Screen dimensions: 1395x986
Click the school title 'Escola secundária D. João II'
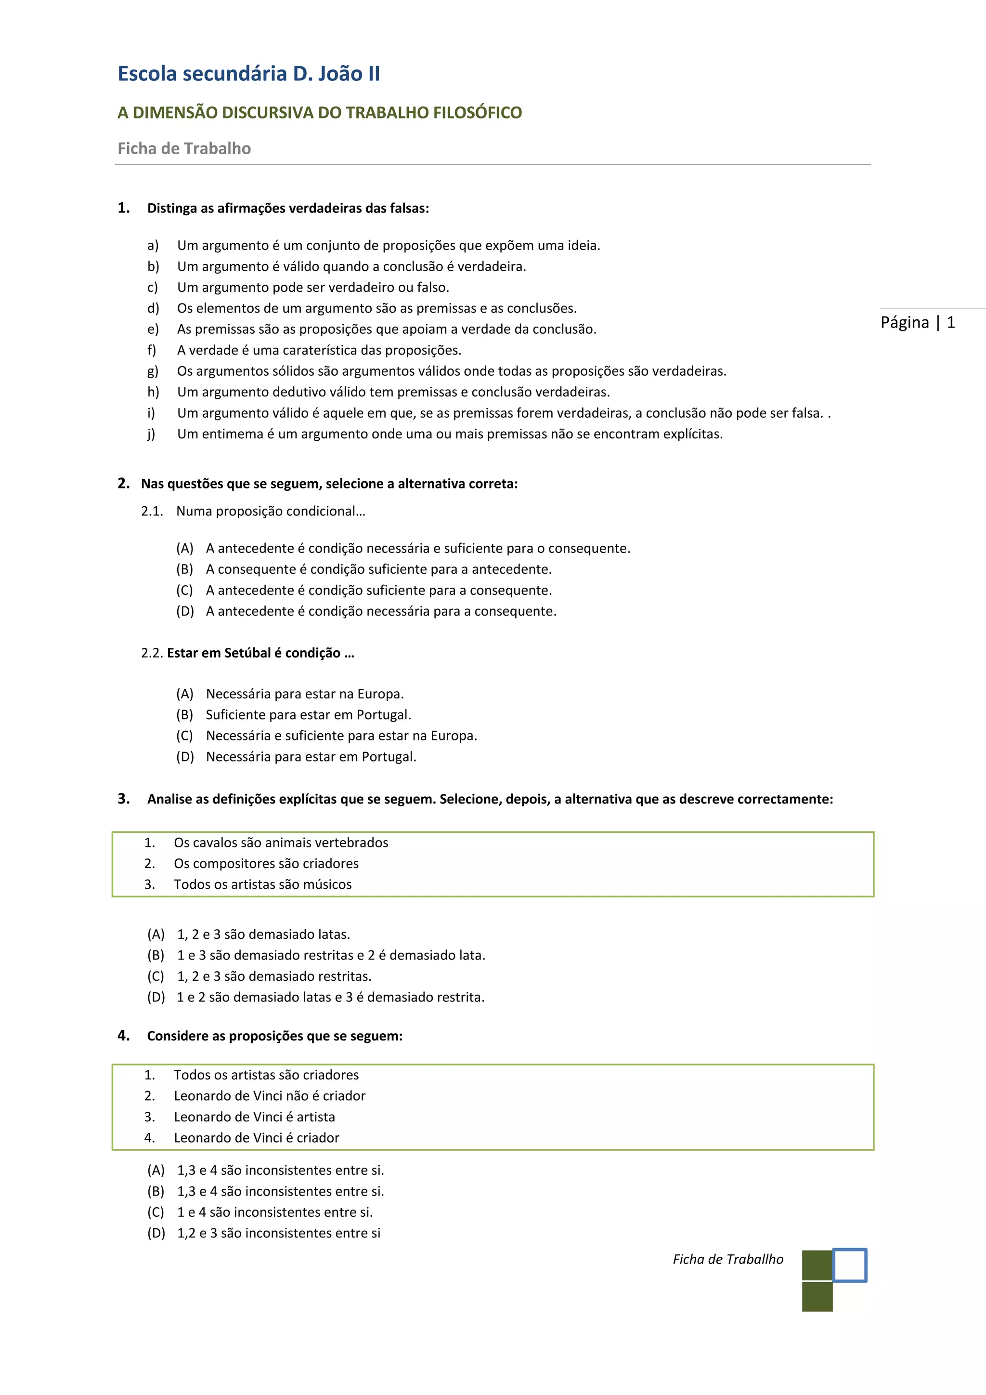pyautogui.click(x=248, y=74)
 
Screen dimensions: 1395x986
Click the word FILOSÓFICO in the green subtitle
pyautogui.click(x=477, y=113)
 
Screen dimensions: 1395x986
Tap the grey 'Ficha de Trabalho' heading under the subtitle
pyautogui.click(x=184, y=148)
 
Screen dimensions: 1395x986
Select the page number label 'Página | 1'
pyautogui.click(x=917, y=322)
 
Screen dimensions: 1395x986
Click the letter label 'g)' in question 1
pyautogui.click(x=153, y=371)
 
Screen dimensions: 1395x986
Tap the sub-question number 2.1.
pyautogui.click(x=152, y=511)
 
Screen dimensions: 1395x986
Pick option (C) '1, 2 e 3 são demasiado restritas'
pyautogui.click(x=274, y=976)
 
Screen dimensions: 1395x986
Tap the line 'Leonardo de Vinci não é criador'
pyautogui.click(x=270, y=1096)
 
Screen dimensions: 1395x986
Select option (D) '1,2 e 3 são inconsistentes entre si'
pyautogui.click(x=278, y=1233)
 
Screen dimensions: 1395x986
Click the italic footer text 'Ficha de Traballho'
pyautogui.click(x=727, y=1260)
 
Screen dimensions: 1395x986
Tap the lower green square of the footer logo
pyautogui.click(x=817, y=1297)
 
